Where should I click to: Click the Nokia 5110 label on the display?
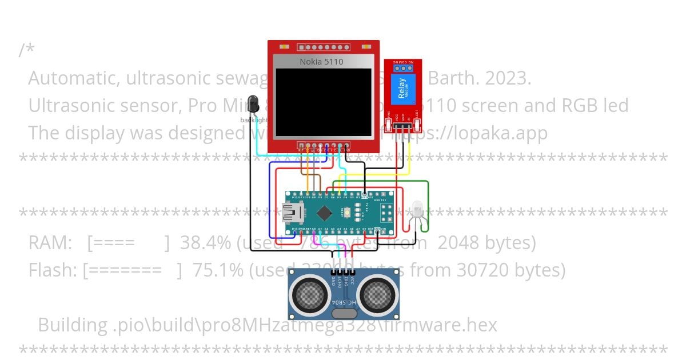tap(321, 62)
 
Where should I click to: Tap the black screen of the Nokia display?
tap(323, 102)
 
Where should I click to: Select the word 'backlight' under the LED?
tap(254, 120)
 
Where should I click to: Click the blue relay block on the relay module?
tap(403, 91)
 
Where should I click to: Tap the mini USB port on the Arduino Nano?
tap(292, 213)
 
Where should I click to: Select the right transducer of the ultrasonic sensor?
tap(378, 294)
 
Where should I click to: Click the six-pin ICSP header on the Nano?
tap(388, 213)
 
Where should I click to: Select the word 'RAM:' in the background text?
tap(50, 243)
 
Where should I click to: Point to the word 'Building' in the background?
tap(72, 325)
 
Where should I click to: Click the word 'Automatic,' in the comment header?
tap(71, 78)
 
